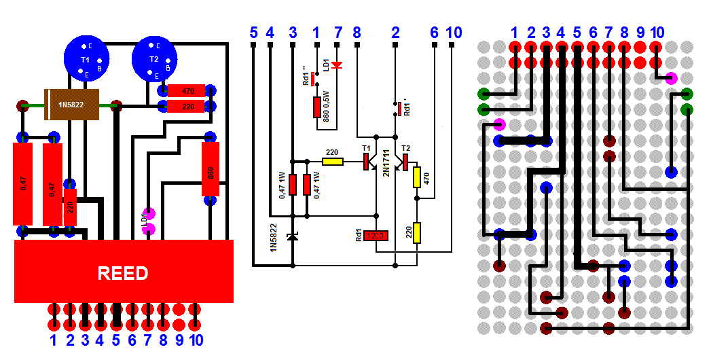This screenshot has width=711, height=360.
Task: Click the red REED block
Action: pos(124,272)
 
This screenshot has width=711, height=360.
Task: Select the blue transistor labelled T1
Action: pos(86,60)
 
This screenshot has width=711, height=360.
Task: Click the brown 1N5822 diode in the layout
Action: pos(71,105)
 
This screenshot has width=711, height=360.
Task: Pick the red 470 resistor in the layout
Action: pos(189,90)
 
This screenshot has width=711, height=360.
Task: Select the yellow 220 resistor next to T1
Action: pos(332,162)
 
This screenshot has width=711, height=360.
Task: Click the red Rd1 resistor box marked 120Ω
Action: pos(376,236)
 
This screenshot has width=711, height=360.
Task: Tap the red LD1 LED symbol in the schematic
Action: pos(336,65)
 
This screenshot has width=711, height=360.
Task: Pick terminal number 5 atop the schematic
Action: pos(253,32)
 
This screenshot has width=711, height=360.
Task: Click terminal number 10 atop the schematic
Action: pos(453,32)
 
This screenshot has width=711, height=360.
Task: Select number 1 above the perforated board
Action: pos(515,32)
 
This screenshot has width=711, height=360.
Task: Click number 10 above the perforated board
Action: pos(657,32)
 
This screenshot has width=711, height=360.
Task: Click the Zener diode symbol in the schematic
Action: pos(293,236)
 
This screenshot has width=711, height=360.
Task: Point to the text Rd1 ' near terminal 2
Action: pos(407,108)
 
